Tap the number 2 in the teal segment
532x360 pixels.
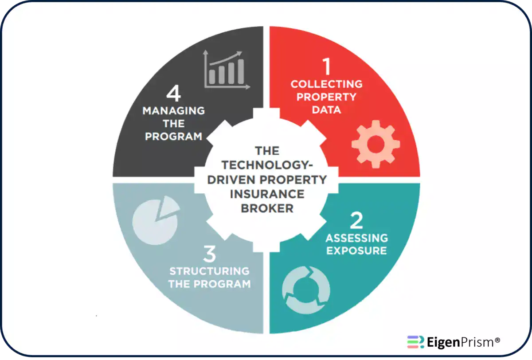pos(356,220)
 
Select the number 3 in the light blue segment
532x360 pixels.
pos(210,254)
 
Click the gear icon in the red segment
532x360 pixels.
pos(376,144)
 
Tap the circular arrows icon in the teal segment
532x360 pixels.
pos(306,290)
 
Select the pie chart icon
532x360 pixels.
pos(156,220)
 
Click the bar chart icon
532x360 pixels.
pos(227,70)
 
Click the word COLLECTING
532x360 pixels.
pos(327,84)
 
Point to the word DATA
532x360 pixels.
pos(327,110)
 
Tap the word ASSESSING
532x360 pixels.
pos(357,238)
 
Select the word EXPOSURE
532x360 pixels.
pos(357,251)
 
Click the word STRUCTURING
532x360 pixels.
pos(209,271)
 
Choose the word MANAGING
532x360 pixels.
pos(174,111)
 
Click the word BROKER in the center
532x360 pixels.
pos(267,208)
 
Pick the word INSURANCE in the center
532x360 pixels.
pos(267,194)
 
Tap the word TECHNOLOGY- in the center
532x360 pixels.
pos(267,165)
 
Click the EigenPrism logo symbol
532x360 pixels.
pos(416,342)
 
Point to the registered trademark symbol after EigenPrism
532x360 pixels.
pos(497,340)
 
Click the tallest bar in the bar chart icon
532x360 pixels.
pos(241,71)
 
